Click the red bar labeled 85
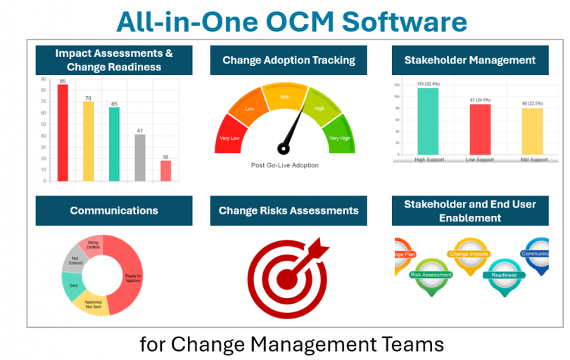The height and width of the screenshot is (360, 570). click(63, 132)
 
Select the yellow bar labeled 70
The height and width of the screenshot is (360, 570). click(88, 141)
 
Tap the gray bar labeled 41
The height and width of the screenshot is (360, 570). click(140, 157)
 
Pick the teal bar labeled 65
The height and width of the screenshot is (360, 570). click(114, 143)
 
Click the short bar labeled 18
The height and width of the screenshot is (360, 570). click(165, 170)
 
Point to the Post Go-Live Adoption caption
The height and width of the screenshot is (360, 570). click(285, 165)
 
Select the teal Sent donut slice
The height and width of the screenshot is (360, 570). click(73, 286)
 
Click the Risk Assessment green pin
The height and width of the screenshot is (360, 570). click(431, 276)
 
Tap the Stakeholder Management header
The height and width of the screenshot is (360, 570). click(469, 60)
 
